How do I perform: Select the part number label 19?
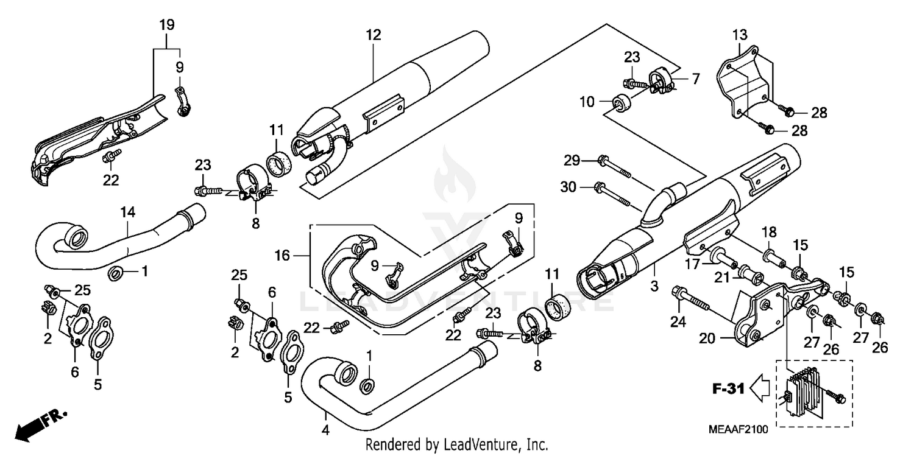(x=166, y=25)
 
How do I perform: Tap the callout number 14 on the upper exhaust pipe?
(x=128, y=212)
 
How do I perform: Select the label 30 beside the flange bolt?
(x=568, y=188)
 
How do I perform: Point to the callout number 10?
(x=586, y=102)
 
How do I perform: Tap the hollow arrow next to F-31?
(x=760, y=387)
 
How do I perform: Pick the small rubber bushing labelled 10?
(x=620, y=103)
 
